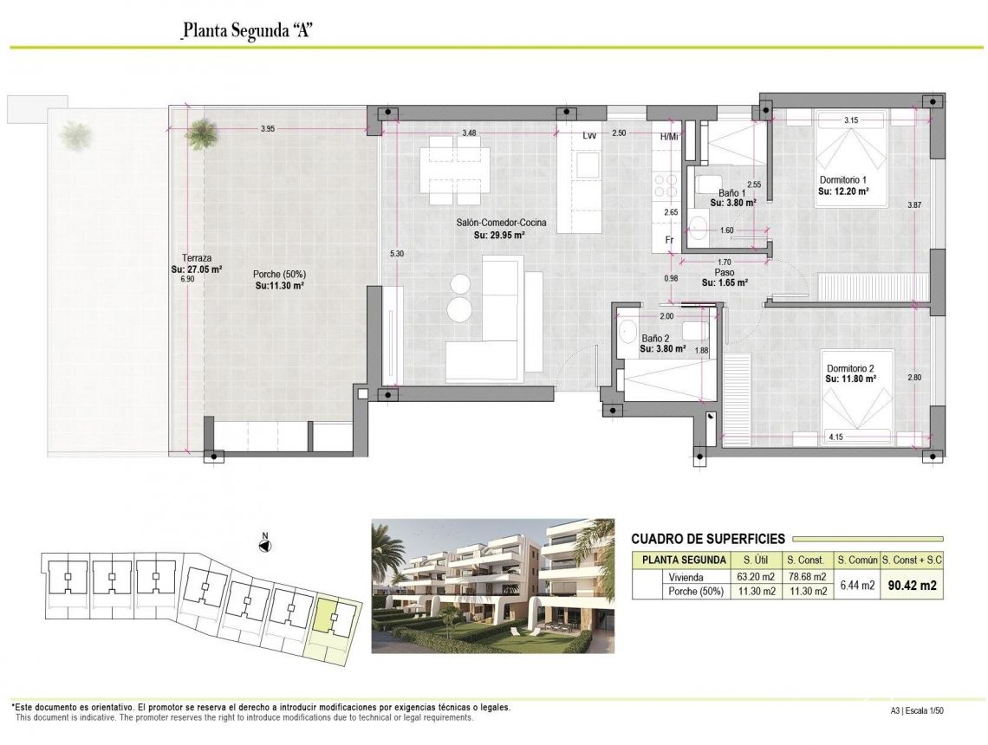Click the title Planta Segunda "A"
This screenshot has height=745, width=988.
coord(247,31)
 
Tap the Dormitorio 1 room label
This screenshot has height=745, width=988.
coord(845,180)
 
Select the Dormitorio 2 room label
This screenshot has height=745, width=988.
coord(850,368)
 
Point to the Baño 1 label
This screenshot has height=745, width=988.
coord(732,192)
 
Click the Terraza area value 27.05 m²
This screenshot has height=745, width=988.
coord(197,269)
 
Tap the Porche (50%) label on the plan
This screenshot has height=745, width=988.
coord(279,274)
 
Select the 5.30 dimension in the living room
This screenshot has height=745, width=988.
coord(397,253)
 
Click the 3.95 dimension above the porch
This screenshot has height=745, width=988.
coord(268,130)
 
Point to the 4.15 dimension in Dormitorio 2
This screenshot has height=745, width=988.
coord(836,437)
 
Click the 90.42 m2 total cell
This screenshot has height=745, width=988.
coord(910,586)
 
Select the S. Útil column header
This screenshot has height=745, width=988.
coord(751,561)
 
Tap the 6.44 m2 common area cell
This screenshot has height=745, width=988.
coord(856,586)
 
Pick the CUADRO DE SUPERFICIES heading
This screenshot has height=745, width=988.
coord(708,539)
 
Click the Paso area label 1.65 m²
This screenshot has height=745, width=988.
coord(725,282)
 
